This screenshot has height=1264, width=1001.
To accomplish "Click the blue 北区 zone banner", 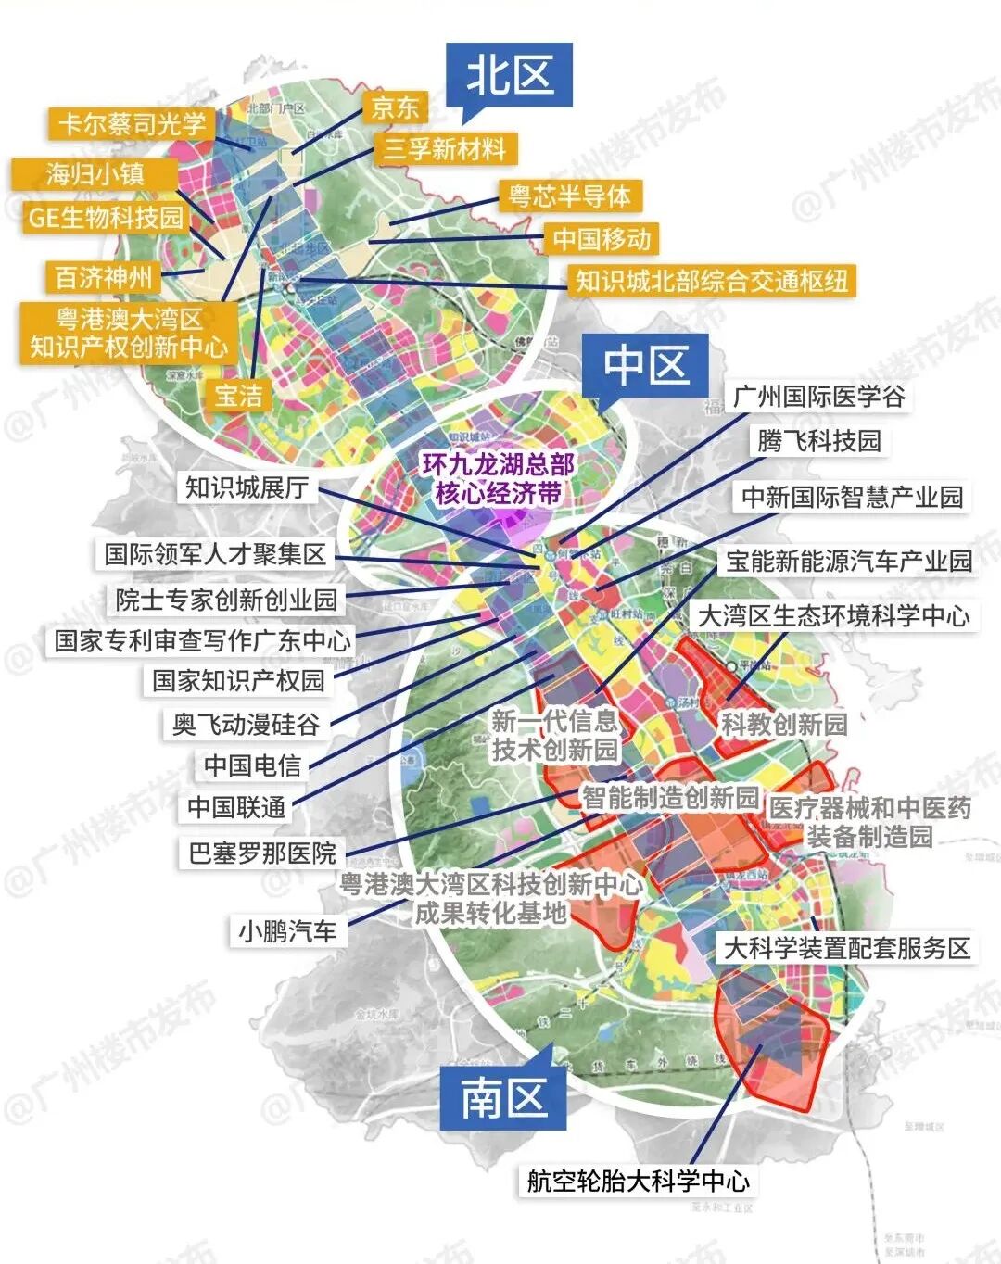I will click(509, 76).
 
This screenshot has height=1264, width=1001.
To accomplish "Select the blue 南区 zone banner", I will click(503, 1098).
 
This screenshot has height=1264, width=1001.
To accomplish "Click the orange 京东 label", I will click(395, 107).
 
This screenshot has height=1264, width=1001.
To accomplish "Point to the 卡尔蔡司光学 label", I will click(132, 123).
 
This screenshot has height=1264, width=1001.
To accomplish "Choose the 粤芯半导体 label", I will click(569, 196).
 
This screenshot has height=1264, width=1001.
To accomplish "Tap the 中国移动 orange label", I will click(602, 239).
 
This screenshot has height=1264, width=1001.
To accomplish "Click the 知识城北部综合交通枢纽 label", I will click(711, 281).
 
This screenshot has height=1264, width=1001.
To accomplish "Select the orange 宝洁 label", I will click(238, 396).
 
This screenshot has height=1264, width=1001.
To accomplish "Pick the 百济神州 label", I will click(104, 277).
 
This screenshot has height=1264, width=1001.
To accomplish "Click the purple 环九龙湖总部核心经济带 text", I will click(499, 478).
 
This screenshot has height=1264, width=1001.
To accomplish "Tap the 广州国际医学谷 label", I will click(818, 397).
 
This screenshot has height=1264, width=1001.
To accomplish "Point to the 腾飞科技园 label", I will click(818, 441).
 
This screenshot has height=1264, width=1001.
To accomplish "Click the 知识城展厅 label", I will click(247, 487).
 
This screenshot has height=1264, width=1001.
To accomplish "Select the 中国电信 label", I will click(252, 765).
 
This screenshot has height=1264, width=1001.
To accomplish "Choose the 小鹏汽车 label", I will click(287, 930).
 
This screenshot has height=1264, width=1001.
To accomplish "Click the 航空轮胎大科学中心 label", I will click(638, 1181).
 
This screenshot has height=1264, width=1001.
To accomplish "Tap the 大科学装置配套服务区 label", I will click(846, 948).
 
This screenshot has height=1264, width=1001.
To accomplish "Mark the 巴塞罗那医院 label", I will click(262, 853).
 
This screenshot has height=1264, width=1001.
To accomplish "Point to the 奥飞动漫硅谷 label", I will click(246, 724).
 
